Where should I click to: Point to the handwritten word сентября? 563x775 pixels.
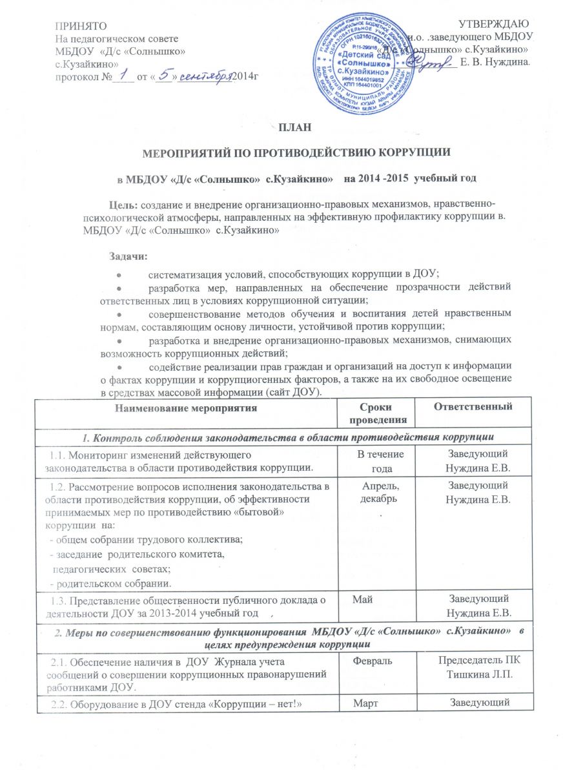click(x=203, y=76)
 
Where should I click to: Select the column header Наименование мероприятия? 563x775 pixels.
click(x=186, y=408)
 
